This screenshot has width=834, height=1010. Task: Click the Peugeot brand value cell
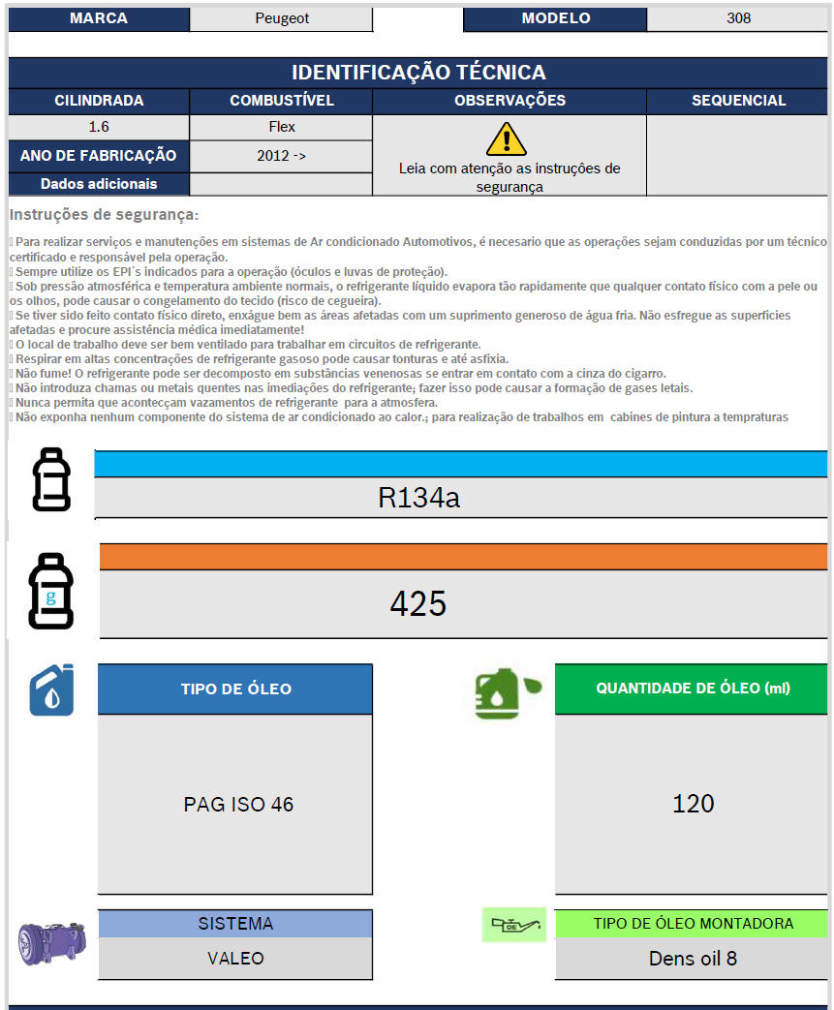click(281, 18)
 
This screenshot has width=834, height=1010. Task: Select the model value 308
click(738, 18)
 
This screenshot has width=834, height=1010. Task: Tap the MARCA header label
click(99, 18)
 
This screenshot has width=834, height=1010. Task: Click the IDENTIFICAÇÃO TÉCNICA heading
click(418, 73)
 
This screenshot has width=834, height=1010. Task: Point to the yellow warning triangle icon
click(506, 139)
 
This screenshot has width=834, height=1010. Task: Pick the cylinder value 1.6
click(99, 127)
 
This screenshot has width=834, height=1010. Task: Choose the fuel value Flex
click(282, 127)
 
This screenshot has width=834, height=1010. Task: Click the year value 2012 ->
click(282, 155)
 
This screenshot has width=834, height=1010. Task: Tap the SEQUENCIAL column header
click(738, 101)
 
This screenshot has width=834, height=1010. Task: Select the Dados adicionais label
click(99, 184)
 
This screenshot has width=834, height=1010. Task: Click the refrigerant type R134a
click(418, 498)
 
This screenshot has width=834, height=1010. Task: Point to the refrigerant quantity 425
click(418, 604)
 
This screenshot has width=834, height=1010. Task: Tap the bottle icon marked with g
click(50, 592)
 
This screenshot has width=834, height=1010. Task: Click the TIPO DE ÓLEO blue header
click(235, 689)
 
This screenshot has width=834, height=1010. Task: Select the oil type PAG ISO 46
click(238, 805)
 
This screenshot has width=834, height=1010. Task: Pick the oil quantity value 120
click(693, 804)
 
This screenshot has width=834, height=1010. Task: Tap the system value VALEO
click(235, 959)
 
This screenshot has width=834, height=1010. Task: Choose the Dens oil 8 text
click(693, 959)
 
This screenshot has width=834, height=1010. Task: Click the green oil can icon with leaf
click(506, 691)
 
